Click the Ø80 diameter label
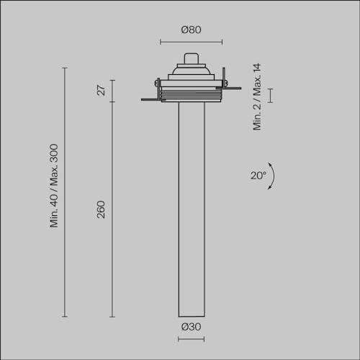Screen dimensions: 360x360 (x=191, y=30)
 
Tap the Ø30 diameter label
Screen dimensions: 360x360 (x=191, y=327)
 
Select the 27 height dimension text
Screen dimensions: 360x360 (x=101, y=91)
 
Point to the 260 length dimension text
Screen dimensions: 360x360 (x=101, y=210)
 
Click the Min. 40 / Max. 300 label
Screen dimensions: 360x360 (x=54, y=186)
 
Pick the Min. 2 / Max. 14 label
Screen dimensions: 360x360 (x=257, y=97)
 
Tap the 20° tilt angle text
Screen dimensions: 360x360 (x=258, y=176)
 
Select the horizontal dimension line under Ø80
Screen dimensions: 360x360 (x=191, y=42)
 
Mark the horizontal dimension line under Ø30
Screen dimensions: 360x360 (x=191, y=339)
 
